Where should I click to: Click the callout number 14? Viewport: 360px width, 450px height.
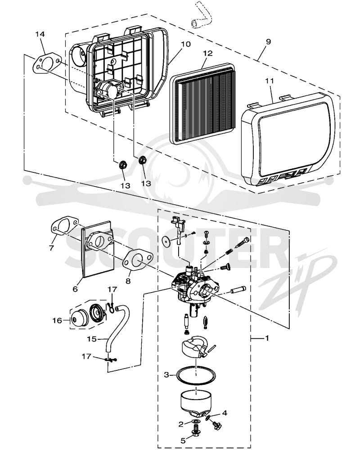[x=40, y=34]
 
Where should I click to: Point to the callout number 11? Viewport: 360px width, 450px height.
[x=269, y=81]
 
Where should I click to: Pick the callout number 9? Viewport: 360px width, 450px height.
[x=268, y=41]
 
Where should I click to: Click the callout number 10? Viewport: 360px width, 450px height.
[x=185, y=44]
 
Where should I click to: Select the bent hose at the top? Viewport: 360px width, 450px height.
[x=201, y=16]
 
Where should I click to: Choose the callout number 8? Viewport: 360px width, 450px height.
[x=128, y=280]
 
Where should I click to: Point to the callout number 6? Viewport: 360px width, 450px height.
[x=75, y=289]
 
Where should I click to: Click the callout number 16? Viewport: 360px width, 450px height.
[x=57, y=320]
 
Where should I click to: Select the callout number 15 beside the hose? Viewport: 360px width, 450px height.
[x=92, y=339]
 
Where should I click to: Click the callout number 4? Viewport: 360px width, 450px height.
[x=225, y=413]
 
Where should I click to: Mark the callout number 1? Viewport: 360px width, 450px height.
[x=267, y=338]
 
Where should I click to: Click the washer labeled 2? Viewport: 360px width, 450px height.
[x=196, y=421]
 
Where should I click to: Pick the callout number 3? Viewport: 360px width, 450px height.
[x=166, y=374]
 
